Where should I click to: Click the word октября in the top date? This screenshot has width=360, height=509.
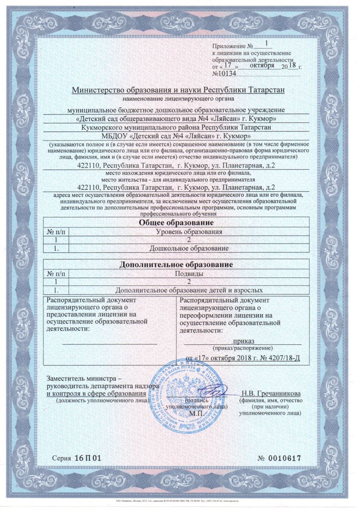(x=262, y=66)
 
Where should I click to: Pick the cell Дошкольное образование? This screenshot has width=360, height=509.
(x=190, y=247)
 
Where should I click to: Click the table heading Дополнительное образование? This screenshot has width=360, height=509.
(x=176, y=265)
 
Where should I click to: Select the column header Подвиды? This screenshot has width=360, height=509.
(x=190, y=274)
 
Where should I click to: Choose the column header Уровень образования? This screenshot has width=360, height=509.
(x=190, y=232)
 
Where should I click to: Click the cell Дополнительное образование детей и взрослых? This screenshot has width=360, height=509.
(x=190, y=290)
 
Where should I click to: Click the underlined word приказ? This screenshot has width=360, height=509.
(x=243, y=341)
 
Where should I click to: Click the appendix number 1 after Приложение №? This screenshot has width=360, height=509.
(x=266, y=43)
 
